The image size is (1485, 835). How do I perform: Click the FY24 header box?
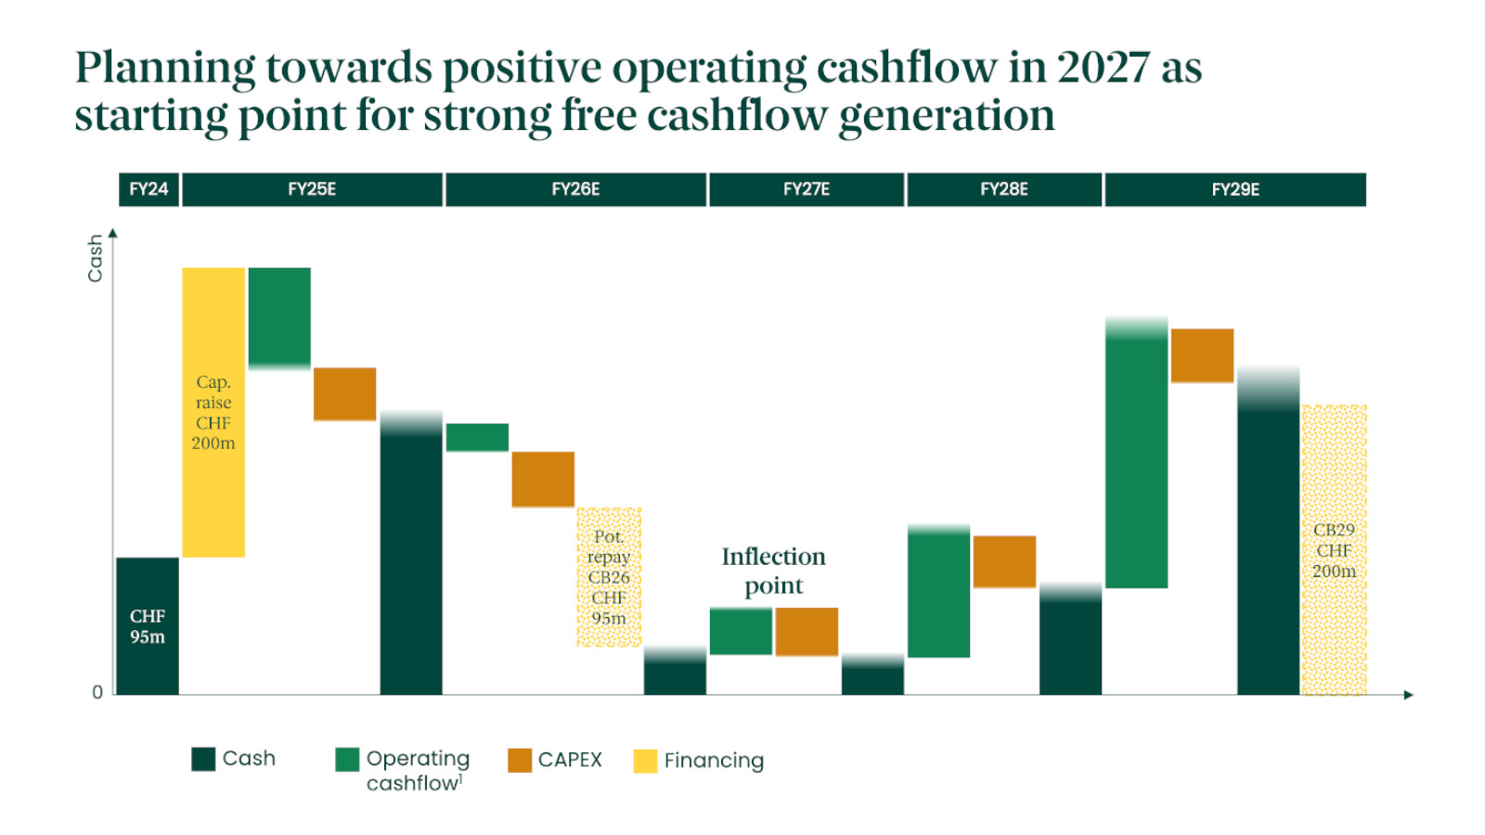coord(148,189)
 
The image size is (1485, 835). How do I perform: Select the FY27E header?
coord(806,189)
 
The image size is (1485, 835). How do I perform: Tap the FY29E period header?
coord(1234,189)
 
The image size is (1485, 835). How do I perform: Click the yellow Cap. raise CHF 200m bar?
coord(213,412)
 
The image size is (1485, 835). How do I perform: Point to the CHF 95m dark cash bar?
coord(148,626)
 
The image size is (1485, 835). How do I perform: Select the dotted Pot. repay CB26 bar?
coord(609,577)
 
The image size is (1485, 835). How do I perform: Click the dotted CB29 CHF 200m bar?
coord(1334,550)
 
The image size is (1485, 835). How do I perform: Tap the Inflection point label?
coord(773,571)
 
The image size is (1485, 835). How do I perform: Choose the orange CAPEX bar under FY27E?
coord(807,632)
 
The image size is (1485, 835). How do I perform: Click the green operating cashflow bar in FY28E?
coord(938,592)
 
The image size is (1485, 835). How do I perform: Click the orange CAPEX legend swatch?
coord(520,760)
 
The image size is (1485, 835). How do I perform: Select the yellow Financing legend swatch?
coord(645,761)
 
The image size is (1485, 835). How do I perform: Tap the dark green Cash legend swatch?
coord(203,759)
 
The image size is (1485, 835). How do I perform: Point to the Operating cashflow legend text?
coord(418,770)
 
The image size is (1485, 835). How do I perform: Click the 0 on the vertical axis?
coord(97,692)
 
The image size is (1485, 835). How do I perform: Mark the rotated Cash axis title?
coord(95,258)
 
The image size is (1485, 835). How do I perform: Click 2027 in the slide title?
coord(1103,68)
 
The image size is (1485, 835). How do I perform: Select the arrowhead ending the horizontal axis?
coord(1408,695)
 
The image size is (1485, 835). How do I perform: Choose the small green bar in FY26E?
coord(477,437)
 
